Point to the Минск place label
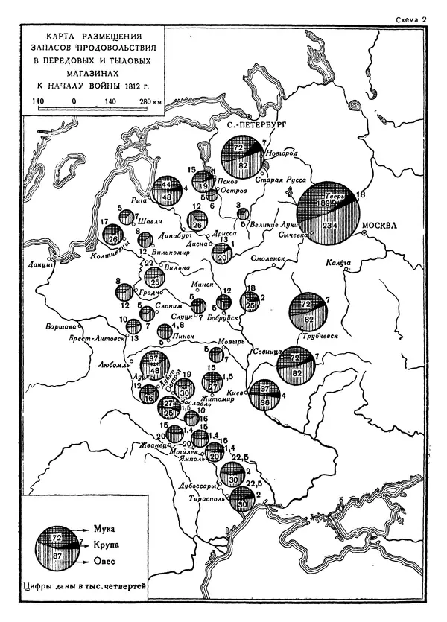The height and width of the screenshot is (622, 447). pyautogui.click(x=204, y=284)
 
